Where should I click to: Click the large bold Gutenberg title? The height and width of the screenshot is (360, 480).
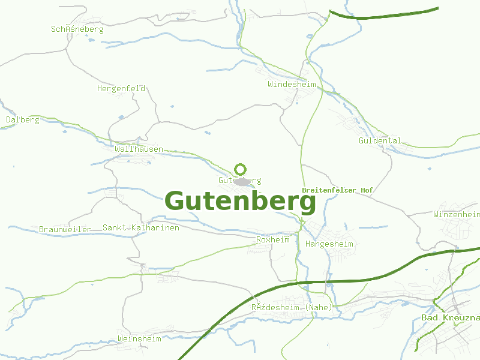click(x=240, y=202)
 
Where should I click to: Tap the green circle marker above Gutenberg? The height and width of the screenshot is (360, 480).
click(x=241, y=169)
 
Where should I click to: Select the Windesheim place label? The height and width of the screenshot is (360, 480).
click(x=292, y=85)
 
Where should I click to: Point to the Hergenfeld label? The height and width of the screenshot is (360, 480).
click(x=121, y=89)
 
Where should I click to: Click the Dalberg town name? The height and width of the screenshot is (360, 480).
click(x=23, y=120)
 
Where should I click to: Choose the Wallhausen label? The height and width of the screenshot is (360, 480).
click(x=139, y=149)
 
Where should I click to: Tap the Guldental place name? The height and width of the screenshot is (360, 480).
click(x=380, y=141)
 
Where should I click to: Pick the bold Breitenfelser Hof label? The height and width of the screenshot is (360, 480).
click(x=337, y=190)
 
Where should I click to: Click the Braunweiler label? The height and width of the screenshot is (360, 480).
click(x=65, y=229)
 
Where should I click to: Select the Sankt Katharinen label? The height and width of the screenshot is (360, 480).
click(x=140, y=228)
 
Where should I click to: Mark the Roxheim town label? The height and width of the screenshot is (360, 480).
click(x=272, y=240)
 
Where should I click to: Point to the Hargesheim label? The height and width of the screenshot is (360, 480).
click(x=329, y=244)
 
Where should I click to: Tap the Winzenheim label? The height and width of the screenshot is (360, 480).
click(x=457, y=214)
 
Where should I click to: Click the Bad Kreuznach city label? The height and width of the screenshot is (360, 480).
click(x=450, y=317)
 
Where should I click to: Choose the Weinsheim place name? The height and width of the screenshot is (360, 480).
click(x=140, y=339)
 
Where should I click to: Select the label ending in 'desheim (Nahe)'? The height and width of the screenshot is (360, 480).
click(x=292, y=308)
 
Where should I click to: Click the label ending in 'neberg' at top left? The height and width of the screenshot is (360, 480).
click(x=77, y=29)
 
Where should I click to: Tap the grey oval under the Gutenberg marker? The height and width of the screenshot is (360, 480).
click(x=242, y=181)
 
